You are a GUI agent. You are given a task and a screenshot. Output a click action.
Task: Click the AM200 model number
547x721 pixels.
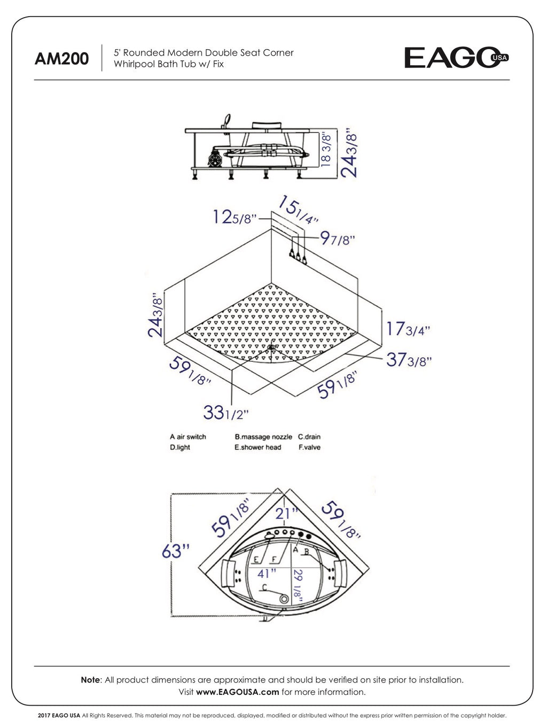[61, 59]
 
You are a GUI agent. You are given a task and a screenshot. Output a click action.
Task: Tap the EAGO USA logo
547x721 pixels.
[456, 58]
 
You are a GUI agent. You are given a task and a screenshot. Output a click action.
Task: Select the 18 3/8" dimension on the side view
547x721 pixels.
[326, 150]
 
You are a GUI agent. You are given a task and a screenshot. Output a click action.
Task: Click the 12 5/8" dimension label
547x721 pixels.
[235, 218]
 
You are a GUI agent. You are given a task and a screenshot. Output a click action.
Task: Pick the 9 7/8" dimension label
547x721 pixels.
[338, 238]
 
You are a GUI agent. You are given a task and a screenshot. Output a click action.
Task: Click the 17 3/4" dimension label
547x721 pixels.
[408, 329]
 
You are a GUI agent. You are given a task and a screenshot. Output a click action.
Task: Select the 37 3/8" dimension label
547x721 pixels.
[409, 360]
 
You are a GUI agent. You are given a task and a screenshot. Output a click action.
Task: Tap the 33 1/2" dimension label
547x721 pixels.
[226, 413]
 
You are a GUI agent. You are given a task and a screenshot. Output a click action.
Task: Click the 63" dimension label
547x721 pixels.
[176, 551]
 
